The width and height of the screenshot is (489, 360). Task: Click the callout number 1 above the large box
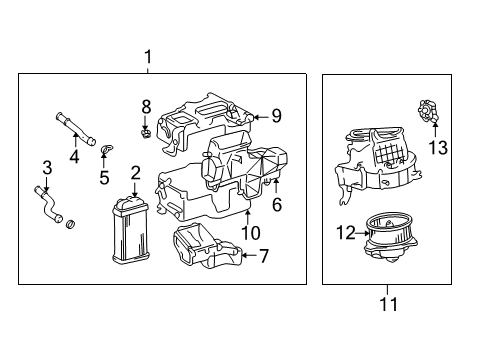[x=147, y=57]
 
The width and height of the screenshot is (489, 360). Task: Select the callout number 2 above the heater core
[x=134, y=174]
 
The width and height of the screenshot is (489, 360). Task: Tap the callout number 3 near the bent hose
[x=46, y=166]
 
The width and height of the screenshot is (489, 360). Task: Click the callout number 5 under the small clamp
[x=103, y=178]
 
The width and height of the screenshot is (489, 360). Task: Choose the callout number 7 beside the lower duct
[x=264, y=256]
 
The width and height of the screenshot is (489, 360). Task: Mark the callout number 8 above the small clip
[x=145, y=105]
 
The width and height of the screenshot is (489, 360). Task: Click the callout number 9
[x=276, y=116]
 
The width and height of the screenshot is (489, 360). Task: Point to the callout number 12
[x=345, y=233]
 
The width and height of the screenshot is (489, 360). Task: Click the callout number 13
[x=437, y=148]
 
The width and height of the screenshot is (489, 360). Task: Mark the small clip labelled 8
[x=145, y=129]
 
